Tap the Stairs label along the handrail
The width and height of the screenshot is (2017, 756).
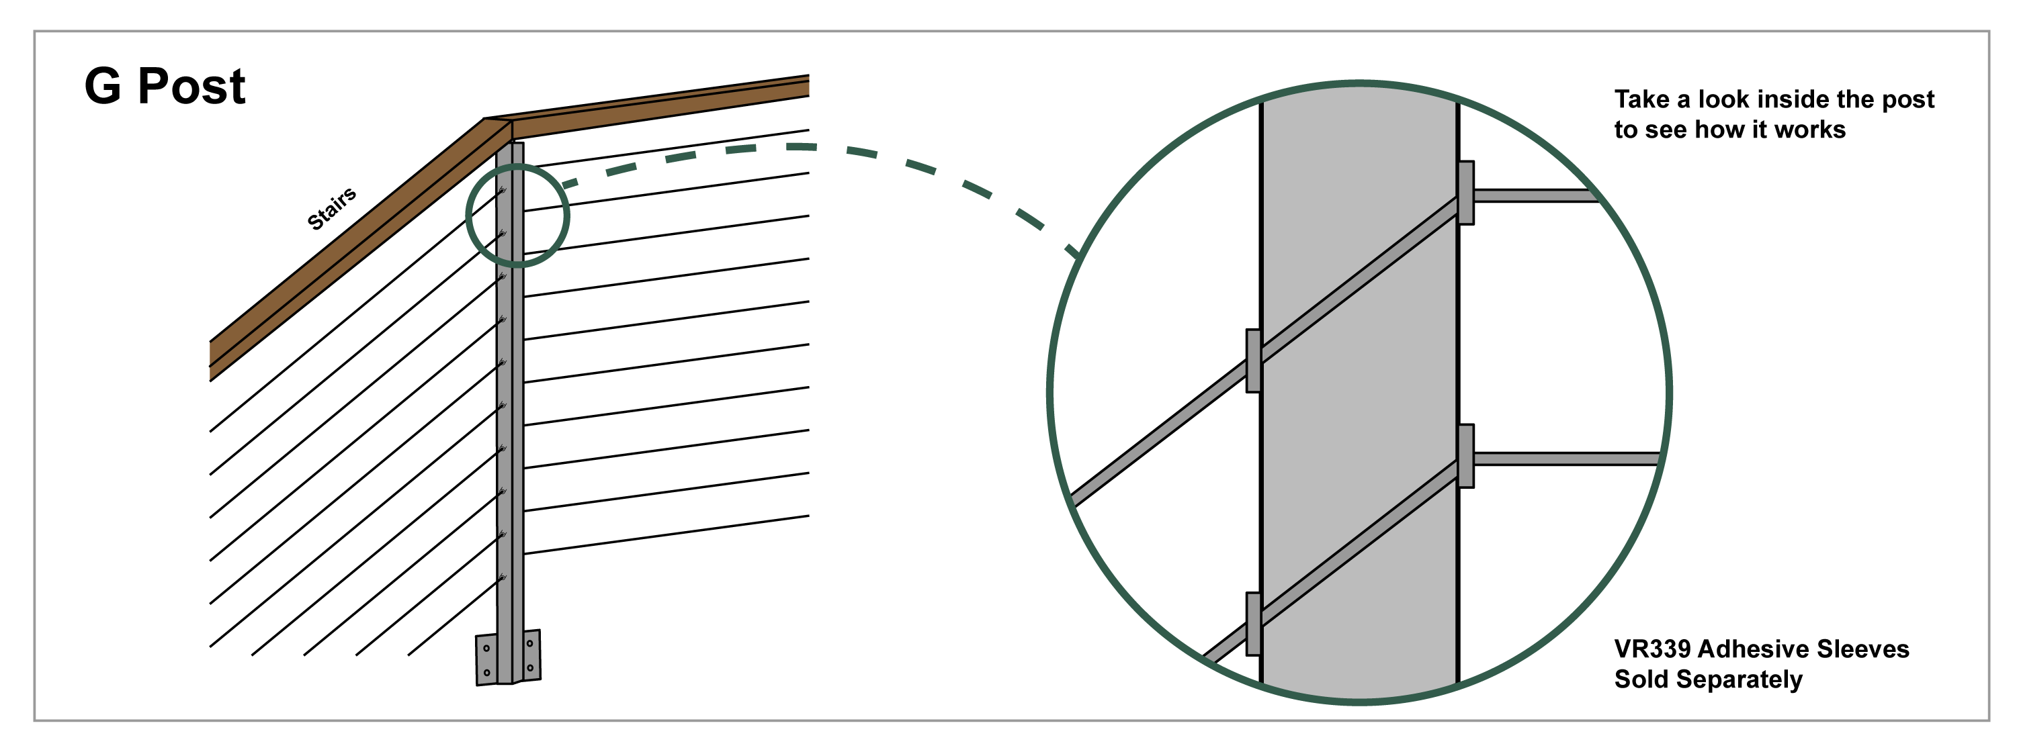pos(332,208)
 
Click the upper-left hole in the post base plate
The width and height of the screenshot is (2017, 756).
pos(486,648)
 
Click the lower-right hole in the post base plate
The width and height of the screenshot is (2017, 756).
pos(530,667)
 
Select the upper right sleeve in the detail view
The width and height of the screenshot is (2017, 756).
pos(1466,193)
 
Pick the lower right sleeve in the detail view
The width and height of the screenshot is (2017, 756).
pos(1466,457)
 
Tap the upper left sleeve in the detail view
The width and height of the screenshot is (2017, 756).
pos(1254,361)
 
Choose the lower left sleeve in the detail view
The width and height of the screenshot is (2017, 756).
pos(1254,624)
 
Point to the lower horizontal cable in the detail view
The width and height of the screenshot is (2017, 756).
pos(1567,459)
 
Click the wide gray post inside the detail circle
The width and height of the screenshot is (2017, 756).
pos(1359,391)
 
